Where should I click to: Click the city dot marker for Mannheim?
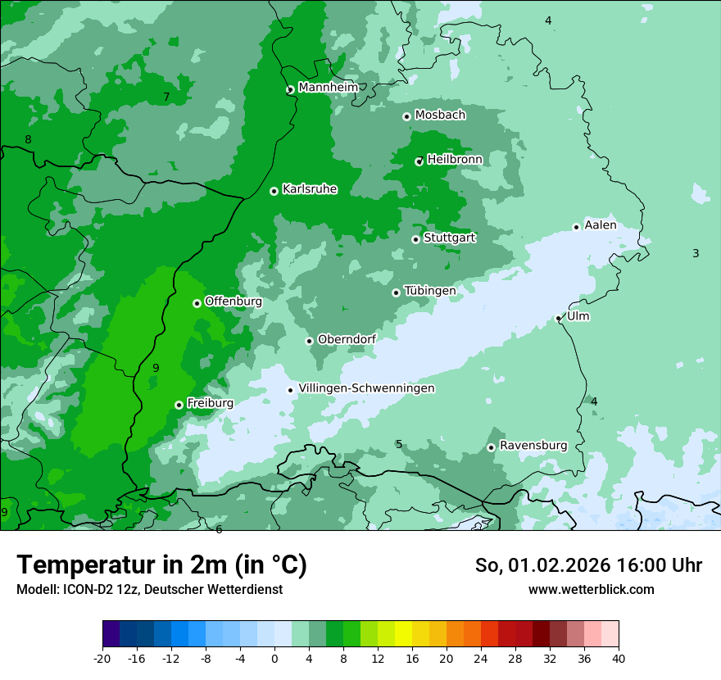click(x=290, y=90)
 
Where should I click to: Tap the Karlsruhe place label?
click(x=310, y=189)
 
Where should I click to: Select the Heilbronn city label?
click(x=455, y=159)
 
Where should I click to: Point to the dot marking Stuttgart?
click(x=416, y=239)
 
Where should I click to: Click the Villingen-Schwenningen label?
click(x=367, y=388)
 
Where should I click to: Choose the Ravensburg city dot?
click(x=492, y=447)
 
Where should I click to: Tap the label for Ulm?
click(x=578, y=316)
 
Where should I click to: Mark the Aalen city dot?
click(x=577, y=227)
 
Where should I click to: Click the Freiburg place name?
click(x=211, y=403)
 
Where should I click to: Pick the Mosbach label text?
click(x=440, y=116)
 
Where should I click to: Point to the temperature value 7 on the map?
click(x=166, y=97)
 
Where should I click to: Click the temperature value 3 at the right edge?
click(x=696, y=254)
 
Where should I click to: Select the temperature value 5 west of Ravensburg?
click(x=399, y=445)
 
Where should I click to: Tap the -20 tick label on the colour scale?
click(x=102, y=658)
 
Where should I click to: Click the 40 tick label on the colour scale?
click(x=619, y=658)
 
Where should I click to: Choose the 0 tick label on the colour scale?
click(x=274, y=658)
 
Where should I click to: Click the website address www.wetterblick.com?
click(x=591, y=590)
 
